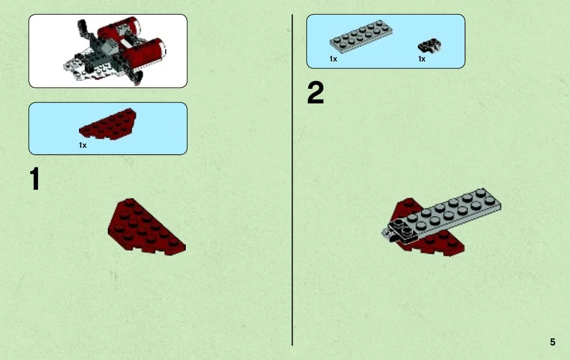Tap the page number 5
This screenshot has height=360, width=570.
[552, 342]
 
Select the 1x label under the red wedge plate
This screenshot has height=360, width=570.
[83, 145]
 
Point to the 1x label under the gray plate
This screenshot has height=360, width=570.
[334, 59]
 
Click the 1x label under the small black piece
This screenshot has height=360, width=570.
[422, 59]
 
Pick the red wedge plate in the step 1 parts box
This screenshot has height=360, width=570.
[108, 123]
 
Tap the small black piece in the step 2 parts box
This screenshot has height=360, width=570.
[429, 45]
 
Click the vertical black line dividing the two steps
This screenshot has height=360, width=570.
[292, 180]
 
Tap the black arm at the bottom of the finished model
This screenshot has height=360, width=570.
[135, 77]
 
